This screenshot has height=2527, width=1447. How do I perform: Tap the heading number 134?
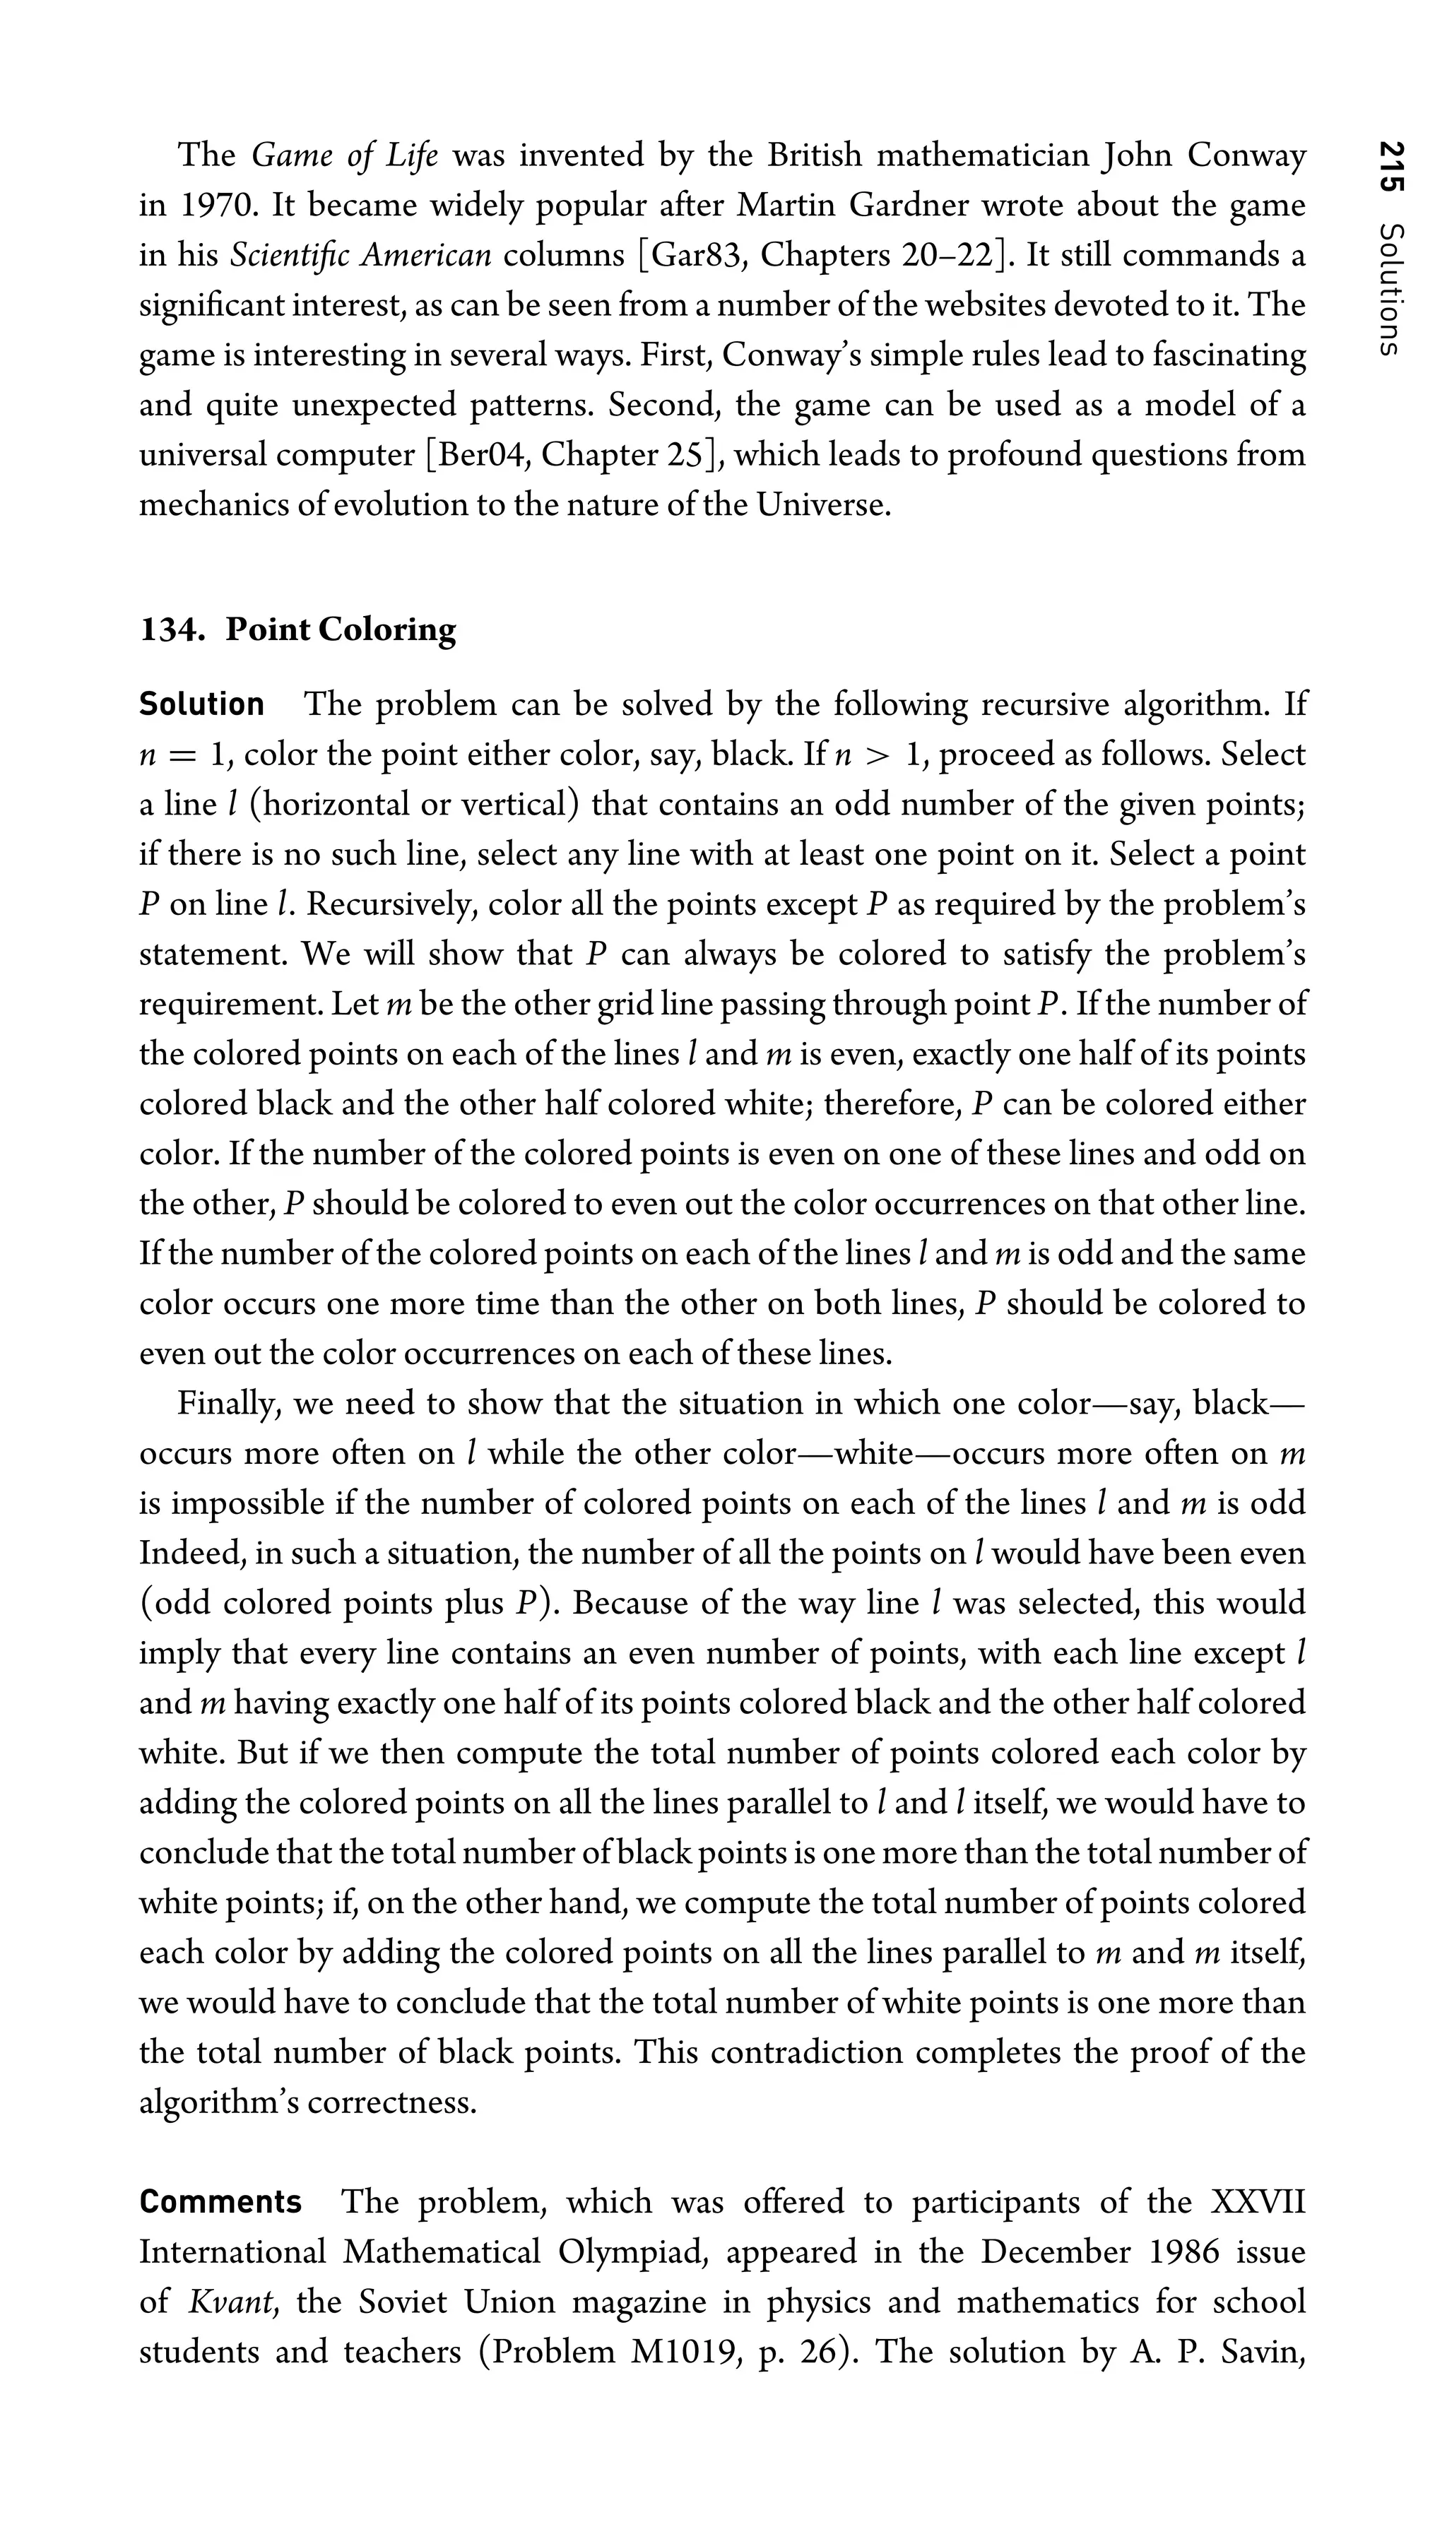pyautogui.click(x=171, y=630)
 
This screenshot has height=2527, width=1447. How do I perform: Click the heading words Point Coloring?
pyautogui.click(x=341, y=630)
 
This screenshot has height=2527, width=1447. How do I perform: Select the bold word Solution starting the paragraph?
pyautogui.click(x=202, y=704)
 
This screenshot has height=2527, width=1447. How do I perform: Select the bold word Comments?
pyautogui.click(x=220, y=2202)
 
